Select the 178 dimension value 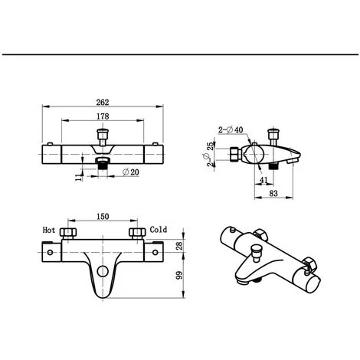click(x=103, y=116)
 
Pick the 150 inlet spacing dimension click(x=103, y=217)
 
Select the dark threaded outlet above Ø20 click(x=103, y=164)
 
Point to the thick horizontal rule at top click(x=180, y=55)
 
